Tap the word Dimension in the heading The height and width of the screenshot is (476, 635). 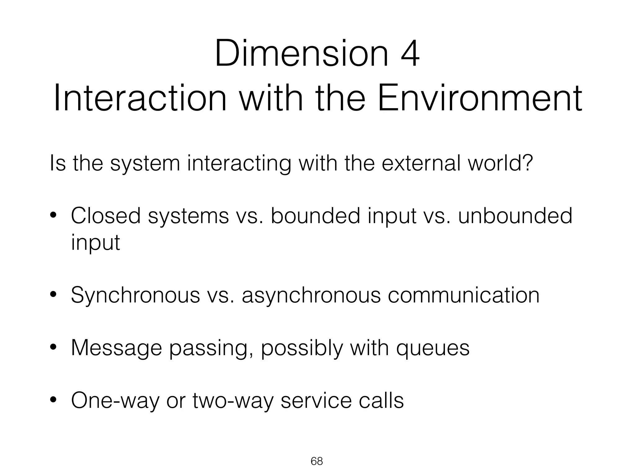301,53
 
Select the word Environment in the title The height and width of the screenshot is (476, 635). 480,99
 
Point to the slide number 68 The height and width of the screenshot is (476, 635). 317,461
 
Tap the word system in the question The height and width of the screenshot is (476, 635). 145,164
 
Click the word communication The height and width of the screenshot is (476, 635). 464,295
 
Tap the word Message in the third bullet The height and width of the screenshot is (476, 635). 117,348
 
